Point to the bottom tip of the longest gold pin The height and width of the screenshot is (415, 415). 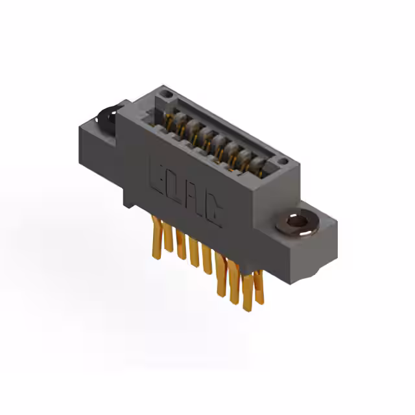tap(246, 309)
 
